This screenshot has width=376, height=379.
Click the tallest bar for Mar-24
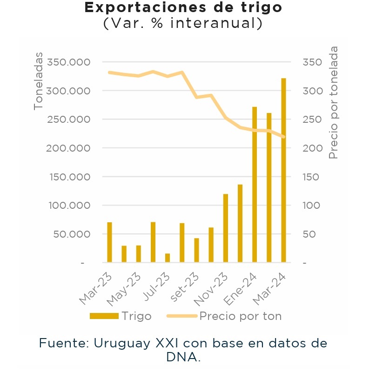[x=283, y=170]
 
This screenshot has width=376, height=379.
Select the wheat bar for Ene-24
[x=255, y=185]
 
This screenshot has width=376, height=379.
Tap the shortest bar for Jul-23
[x=168, y=258]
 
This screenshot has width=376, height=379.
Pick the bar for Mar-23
[x=110, y=242]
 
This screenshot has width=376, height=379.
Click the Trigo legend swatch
[x=104, y=316]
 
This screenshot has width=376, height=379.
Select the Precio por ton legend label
[x=240, y=316]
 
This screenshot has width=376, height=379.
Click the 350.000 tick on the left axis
[x=70, y=62]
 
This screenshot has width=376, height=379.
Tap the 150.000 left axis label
[x=70, y=177]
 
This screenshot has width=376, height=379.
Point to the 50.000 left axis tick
[x=72, y=234]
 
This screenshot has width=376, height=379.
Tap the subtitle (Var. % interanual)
[x=183, y=23]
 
